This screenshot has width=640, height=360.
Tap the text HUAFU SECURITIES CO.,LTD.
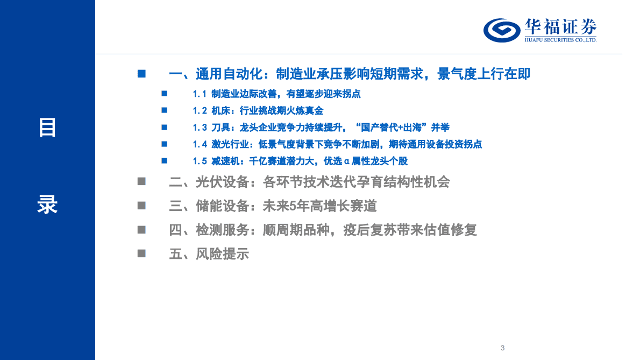click(x=560, y=40)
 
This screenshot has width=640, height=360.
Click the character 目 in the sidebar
click(x=47, y=128)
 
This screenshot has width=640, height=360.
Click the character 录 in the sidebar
click(x=47, y=205)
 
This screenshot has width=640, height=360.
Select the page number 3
click(x=502, y=348)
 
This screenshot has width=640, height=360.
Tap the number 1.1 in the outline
click(x=200, y=94)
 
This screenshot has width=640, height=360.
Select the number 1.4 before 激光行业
click(x=200, y=144)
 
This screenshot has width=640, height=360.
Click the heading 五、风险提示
click(x=209, y=254)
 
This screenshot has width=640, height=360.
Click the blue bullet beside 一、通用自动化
click(x=141, y=74)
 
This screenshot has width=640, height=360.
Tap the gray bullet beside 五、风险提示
click(x=141, y=253)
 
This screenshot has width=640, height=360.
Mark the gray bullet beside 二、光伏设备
click(x=141, y=182)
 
